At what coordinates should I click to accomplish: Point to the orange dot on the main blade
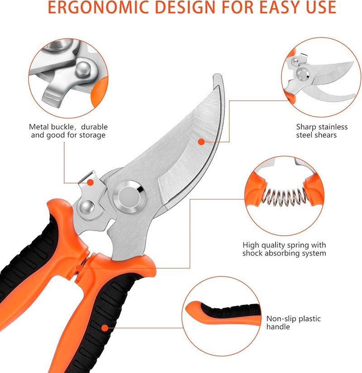[201, 142]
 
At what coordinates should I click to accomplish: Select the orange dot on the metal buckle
[90, 183]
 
